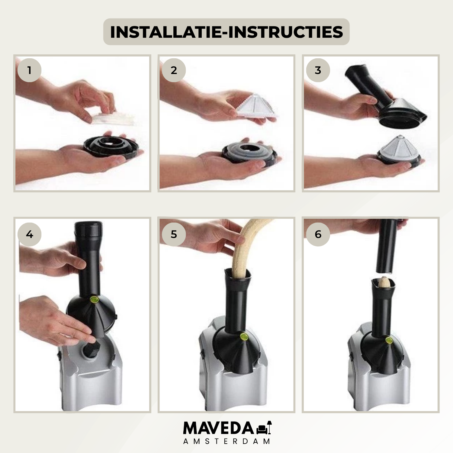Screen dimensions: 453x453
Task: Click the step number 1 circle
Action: [29, 70]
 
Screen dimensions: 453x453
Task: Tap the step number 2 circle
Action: [174, 70]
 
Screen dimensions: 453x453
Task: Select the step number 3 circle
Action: [318, 70]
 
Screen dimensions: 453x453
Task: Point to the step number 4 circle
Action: [29, 234]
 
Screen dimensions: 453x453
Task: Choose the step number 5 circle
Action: [174, 234]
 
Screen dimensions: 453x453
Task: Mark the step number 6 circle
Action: [318, 234]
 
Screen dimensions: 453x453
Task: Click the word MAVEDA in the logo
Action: [219, 428]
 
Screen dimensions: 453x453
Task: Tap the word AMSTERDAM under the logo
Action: [226, 441]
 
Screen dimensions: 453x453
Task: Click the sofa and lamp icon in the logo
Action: [264, 428]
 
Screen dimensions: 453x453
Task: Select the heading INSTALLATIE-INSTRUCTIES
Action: [226, 32]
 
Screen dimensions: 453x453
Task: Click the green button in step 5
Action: [243, 336]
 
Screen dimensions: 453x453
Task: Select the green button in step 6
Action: [389, 340]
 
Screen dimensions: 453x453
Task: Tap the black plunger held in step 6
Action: [387, 246]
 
